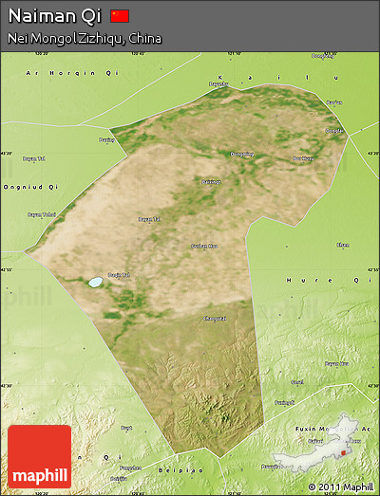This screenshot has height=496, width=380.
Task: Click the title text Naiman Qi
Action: point(55,16)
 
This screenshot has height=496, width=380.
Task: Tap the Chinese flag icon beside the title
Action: point(120,16)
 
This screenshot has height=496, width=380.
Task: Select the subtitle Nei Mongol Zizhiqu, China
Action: point(84,39)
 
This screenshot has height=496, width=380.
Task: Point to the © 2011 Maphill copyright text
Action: point(339,487)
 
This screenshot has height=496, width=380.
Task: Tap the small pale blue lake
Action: point(95,282)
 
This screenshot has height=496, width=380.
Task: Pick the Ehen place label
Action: point(343,245)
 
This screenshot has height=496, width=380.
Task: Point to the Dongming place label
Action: point(241,154)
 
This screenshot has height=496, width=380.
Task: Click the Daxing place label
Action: point(105,140)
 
